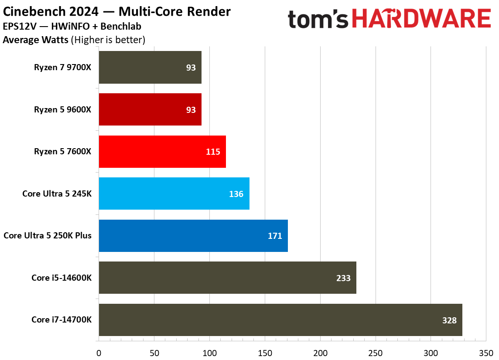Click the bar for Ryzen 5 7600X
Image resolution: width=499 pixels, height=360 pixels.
(x=162, y=152)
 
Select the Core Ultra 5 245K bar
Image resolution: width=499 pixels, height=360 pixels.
(x=174, y=194)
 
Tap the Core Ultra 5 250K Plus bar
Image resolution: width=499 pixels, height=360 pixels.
(x=193, y=236)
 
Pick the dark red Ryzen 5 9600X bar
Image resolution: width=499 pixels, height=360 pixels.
(x=150, y=109)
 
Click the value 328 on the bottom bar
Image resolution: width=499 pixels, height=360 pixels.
(x=448, y=320)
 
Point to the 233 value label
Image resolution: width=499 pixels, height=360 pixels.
(x=343, y=278)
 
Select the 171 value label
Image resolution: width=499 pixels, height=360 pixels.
(x=275, y=236)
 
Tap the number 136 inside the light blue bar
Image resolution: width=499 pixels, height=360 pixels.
(x=236, y=194)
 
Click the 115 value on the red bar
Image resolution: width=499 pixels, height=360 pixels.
(x=213, y=152)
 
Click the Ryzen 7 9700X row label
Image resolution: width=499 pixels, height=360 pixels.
(x=63, y=68)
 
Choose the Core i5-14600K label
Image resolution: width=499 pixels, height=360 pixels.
(x=62, y=278)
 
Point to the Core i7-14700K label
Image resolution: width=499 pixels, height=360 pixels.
(x=62, y=320)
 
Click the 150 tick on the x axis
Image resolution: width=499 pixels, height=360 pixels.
(x=265, y=352)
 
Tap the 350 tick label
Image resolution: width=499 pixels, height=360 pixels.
(x=486, y=352)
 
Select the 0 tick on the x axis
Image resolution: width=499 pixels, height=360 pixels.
(x=99, y=352)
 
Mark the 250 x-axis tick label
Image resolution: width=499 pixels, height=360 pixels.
(x=375, y=352)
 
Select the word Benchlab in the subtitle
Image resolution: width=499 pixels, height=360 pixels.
(x=123, y=26)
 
